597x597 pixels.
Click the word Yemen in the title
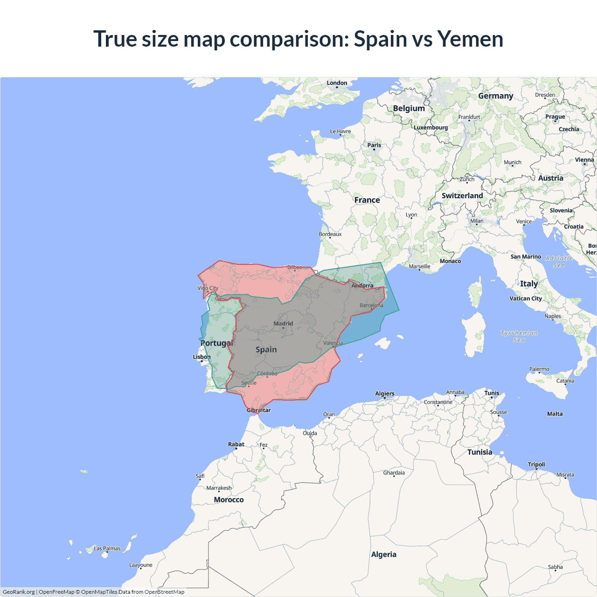(470, 39)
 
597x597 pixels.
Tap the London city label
(337, 83)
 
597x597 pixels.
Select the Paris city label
(374, 145)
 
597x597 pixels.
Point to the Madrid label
(283, 323)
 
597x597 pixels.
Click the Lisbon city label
(202, 357)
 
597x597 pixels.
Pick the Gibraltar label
(258, 410)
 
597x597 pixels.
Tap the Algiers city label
(385, 394)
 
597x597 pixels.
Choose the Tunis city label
(492, 393)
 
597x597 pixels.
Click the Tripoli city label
(536, 465)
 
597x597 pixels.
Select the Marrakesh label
(219, 488)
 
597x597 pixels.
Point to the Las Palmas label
(107, 548)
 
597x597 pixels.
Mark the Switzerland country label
(462, 196)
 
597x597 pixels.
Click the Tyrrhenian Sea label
(519, 336)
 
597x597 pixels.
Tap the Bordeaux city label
(330, 234)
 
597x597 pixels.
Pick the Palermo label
(539, 369)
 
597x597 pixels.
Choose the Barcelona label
(371, 305)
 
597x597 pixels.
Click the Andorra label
(362, 285)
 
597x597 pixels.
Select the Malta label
(555, 414)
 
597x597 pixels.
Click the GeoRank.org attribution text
(19, 592)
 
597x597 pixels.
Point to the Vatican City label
(526, 298)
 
